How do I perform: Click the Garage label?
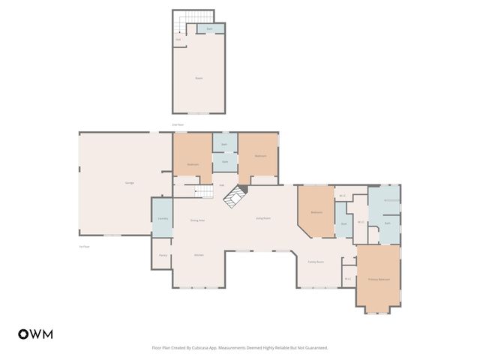(x=118, y=184)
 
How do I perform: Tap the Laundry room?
(x=162, y=218)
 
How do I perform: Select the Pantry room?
(x=163, y=255)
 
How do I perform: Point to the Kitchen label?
(x=199, y=255)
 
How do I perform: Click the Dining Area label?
(x=197, y=220)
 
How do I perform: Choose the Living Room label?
(x=263, y=217)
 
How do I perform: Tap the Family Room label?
(x=316, y=262)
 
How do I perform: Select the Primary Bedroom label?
(x=378, y=279)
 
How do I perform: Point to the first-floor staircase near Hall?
(x=204, y=193)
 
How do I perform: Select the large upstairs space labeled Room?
(x=199, y=78)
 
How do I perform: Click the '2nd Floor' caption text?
(x=178, y=124)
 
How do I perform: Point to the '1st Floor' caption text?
(x=84, y=246)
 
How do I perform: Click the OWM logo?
(x=35, y=334)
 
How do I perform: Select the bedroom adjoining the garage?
(x=193, y=163)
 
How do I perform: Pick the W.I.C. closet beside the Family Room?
(x=348, y=279)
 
